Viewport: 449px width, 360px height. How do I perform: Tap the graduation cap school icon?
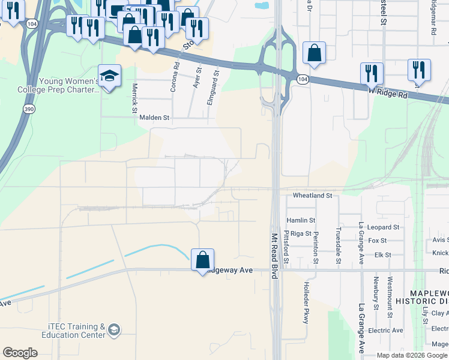point(109,76)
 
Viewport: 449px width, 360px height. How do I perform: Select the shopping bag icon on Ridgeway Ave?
point(203,260)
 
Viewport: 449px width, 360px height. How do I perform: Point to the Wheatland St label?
point(312,196)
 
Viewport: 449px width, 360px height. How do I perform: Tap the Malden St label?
point(155,118)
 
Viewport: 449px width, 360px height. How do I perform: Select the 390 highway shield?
point(29,109)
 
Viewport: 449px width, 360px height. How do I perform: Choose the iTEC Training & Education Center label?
point(77,331)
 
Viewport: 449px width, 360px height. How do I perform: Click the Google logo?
point(20,352)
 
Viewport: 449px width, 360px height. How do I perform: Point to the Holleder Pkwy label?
point(306,302)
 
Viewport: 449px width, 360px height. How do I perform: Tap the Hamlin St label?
point(301,220)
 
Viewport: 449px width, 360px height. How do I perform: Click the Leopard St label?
point(384,227)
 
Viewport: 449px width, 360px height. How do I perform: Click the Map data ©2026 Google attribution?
point(411,355)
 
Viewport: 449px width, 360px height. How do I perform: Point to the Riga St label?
point(301,233)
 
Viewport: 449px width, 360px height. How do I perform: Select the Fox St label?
point(378,241)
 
